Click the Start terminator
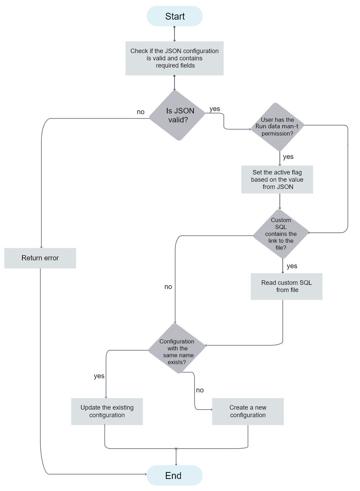(174, 16)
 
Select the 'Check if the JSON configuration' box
(174, 58)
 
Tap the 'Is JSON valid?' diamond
(177, 115)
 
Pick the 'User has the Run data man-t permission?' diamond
(277, 127)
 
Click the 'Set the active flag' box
(277, 180)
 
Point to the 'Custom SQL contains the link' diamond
(281, 234)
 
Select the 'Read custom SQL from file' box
(287, 286)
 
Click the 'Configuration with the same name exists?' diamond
(177, 348)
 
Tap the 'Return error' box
(40, 258)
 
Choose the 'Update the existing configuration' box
(107, 411)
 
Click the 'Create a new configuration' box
(248, 411)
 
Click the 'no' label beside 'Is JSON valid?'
(141, 112)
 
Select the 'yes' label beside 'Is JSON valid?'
(214, 109)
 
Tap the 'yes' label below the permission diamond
(288, 157)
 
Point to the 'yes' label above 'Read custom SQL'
(292, 266)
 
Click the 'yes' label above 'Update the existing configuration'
(99, 376)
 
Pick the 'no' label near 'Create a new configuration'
(200, 390)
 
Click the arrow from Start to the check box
(174, 34)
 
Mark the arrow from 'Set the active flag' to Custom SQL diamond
(280, 201)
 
